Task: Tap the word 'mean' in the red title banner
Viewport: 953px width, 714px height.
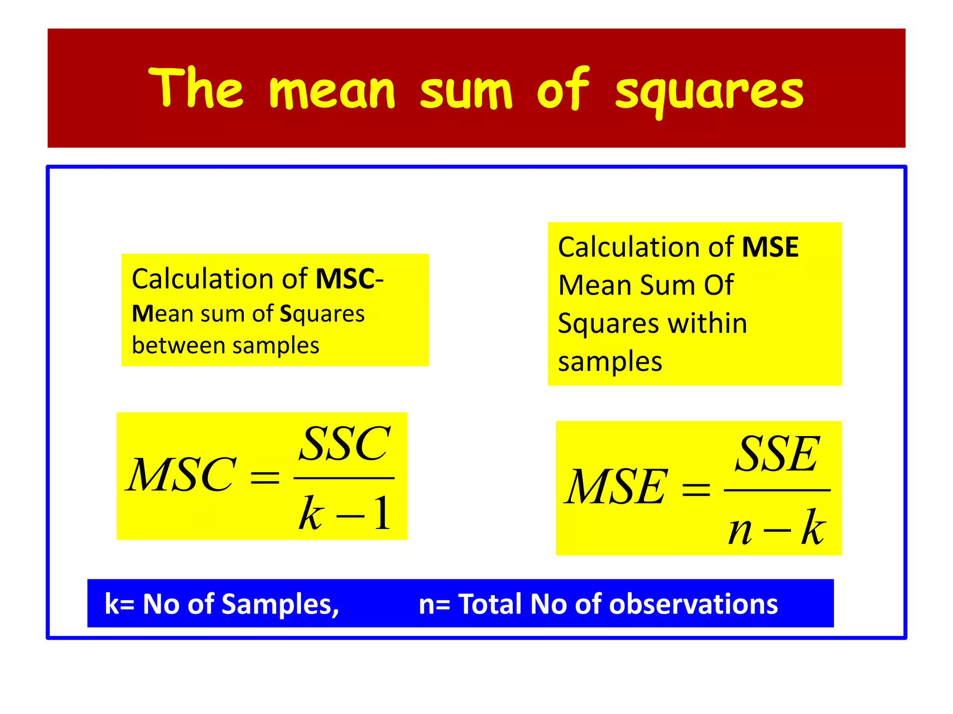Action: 332,91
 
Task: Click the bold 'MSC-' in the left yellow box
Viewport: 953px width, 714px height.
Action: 349,279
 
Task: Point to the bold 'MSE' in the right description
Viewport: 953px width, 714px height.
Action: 770,247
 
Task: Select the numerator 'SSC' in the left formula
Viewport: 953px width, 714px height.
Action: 344,444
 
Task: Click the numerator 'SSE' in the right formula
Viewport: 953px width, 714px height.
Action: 777,454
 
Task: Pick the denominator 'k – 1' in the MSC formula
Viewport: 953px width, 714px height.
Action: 344,513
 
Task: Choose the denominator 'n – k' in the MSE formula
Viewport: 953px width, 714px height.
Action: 777,528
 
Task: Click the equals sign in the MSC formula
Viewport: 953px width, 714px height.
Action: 265,477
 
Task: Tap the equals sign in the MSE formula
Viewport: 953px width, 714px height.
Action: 696,489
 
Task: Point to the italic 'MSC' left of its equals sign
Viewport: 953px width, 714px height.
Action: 181,475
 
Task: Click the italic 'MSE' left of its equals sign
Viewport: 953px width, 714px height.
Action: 616,487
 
